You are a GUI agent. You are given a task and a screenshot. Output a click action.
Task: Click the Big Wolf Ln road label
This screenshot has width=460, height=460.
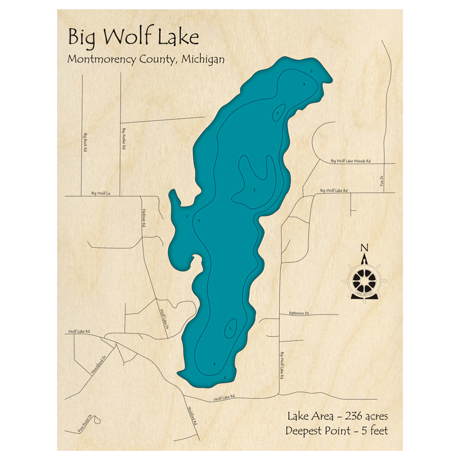(101, 194)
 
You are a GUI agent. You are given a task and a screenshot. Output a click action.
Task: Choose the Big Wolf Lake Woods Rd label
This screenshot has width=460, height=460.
(351, 161)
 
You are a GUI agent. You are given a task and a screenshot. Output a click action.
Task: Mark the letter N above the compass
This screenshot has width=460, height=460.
(364, 248)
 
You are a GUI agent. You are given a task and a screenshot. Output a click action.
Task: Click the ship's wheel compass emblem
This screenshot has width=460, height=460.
(364, 279)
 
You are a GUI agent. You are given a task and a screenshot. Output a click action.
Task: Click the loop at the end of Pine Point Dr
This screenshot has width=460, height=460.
(98, 419)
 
